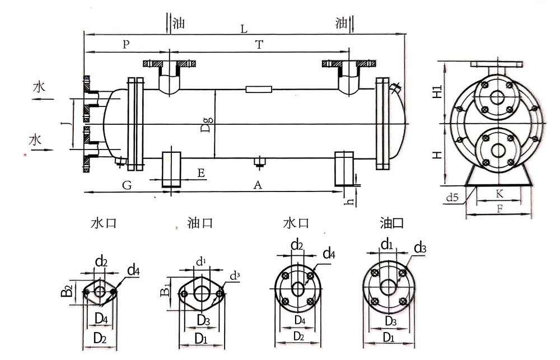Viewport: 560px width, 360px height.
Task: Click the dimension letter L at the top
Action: click(x=244, y=27)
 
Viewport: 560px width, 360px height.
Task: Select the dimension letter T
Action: click(x=259, y=44)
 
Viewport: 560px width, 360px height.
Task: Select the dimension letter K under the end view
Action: click(x=497, y=194)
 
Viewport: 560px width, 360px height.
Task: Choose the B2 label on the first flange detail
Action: click(x=67, y=290)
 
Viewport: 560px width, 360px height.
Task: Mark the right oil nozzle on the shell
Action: click(x=349, y=78)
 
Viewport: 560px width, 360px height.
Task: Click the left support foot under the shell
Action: click(x=171, y=168)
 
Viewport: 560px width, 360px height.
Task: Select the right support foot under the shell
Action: click(x=343, y=167)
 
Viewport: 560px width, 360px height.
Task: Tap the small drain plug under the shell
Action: click(x=259, y=162)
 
